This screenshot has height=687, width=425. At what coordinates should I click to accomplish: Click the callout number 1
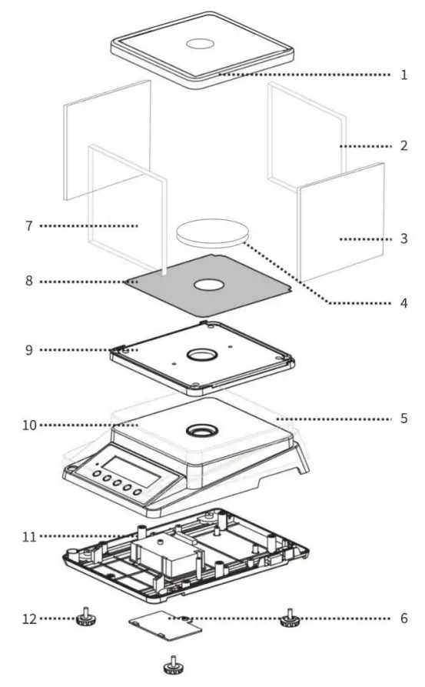(x=403, y=75)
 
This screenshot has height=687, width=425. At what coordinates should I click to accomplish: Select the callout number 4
(x=403, y=303)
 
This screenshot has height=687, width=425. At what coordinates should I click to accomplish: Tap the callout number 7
(x=28, y=226)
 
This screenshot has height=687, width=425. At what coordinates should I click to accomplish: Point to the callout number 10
(x=28, y=425)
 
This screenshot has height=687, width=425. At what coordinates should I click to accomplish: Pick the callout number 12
(x=28, y=618)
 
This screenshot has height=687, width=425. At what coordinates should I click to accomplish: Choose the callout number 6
(x=403, y=618)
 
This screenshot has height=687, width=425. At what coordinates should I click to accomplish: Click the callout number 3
(x=403, y=239)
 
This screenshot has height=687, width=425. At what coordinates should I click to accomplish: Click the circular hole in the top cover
(x=202, y=44)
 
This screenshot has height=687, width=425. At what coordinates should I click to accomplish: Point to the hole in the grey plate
(x=208, y=285)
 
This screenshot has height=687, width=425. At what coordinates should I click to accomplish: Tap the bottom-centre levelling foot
(x=174, y=664)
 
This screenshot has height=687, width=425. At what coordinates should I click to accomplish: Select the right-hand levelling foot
(x=289, y=617)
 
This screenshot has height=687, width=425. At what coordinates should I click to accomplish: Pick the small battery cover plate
(x=165, y=627)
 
